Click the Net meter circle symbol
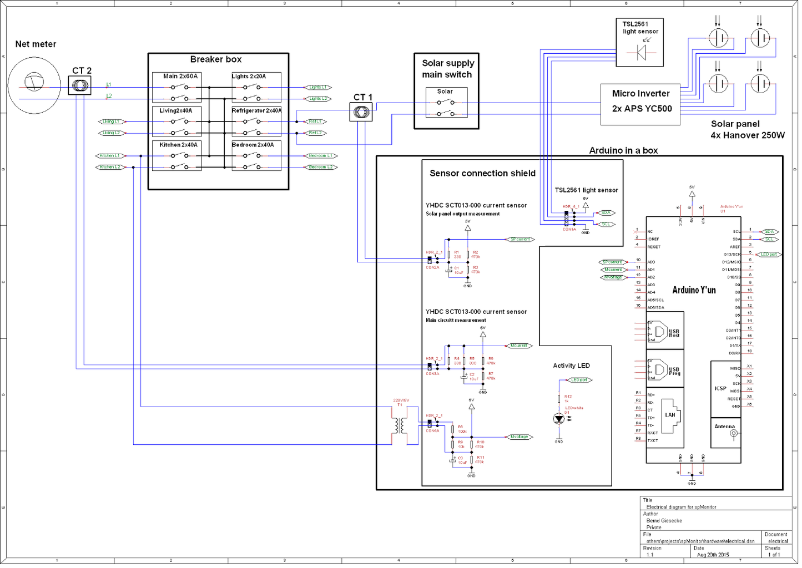(34, 84)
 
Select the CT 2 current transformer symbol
(80, 85)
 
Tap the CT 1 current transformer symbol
(361, 112)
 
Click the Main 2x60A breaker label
(180, 77)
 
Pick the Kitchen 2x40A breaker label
(178, 145)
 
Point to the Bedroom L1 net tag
(321, 156)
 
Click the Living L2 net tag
(112, 133)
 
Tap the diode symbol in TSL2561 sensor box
(641, 53)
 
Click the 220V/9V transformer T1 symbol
(400, 425)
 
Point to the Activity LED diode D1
(559, 419)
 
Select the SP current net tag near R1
(520, 240)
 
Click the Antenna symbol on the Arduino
(733, 433)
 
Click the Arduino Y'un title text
(694, 290)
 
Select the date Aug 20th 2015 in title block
(713, 555)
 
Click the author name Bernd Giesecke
(664, 521)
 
